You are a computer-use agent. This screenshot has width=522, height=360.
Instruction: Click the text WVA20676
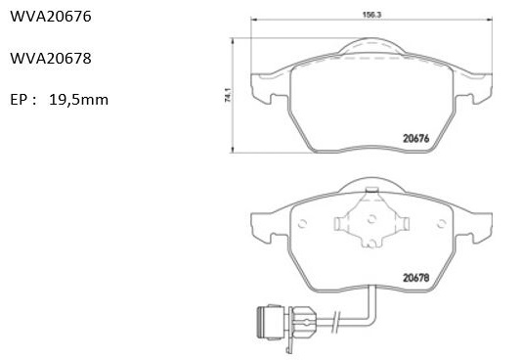point(51,17)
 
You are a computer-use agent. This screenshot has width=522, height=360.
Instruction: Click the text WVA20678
point(51,59)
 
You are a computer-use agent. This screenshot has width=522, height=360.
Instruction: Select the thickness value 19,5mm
point(78,100)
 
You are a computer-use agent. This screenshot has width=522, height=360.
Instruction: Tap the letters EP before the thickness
point(19,100)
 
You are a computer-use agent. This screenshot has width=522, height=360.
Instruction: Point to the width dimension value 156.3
point(371,15)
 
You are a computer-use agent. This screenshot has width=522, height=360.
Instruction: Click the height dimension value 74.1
point(228,95)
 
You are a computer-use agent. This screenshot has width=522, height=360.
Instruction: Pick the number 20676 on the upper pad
point(416,138)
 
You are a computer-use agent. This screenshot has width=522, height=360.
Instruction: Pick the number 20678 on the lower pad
point(416,278)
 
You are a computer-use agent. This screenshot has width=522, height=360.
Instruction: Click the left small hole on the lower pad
point(302,224)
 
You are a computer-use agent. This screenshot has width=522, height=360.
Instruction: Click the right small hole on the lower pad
point(442,224)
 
